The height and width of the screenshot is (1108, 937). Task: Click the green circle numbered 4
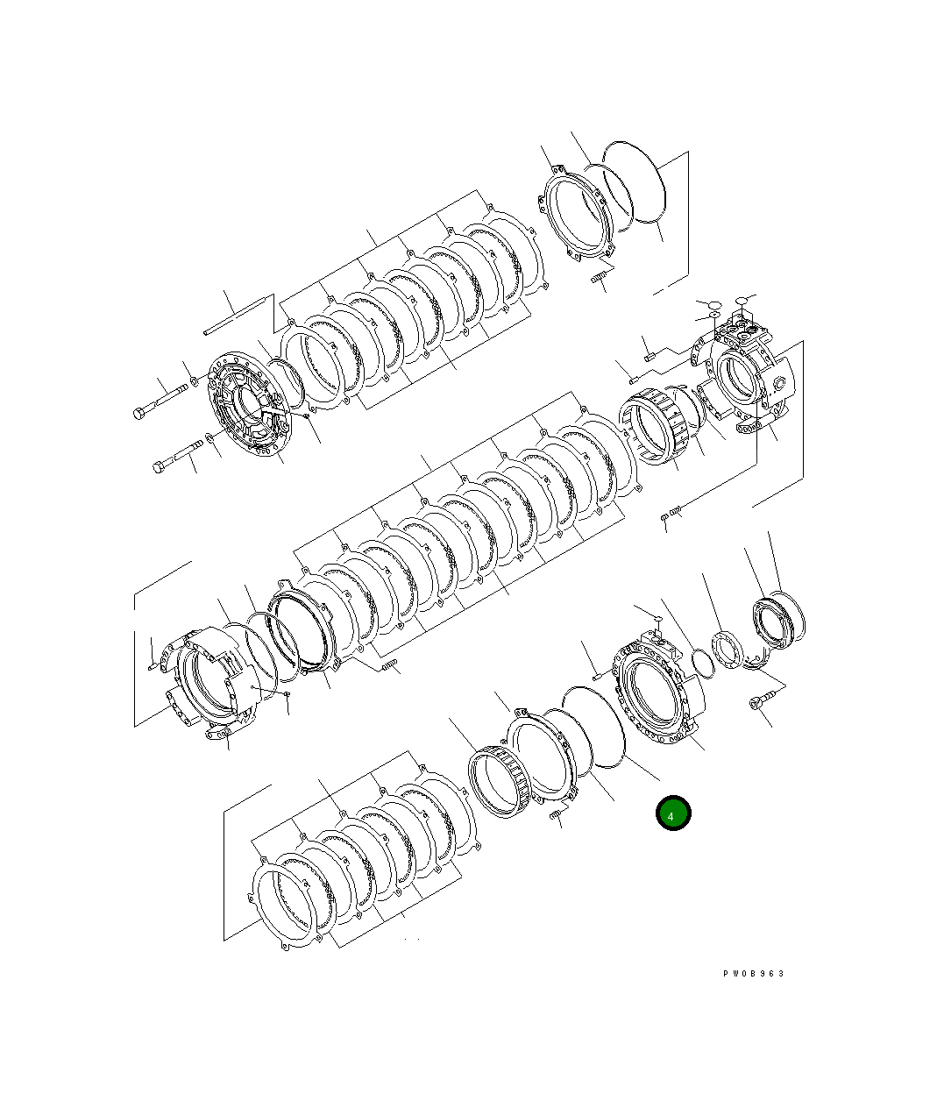tap(673, 813)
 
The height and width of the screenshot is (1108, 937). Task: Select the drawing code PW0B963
tap(753, 974)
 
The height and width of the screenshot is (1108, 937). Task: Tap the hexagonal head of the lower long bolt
tap(160, 466)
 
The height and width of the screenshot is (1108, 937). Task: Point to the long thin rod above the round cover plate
tap(236, 316)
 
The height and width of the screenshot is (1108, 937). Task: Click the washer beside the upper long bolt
tap(193, 380)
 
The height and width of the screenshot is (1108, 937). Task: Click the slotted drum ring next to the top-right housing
tap(652, 426)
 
